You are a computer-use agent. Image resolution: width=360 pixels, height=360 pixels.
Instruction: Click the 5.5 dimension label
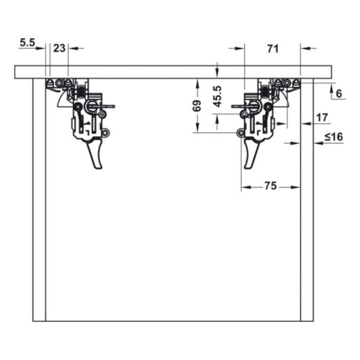coord(27,43)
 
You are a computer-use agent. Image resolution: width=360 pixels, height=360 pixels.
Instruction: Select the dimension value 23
coord(59,48)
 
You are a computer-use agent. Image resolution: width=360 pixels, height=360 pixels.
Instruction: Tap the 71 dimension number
coord(272,48)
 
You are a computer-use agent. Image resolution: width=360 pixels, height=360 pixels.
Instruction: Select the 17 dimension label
coord(320,117)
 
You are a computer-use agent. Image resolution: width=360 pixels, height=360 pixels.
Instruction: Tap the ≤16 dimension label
coord(333,138)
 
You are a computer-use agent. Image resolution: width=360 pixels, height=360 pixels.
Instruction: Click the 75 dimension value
coord(270,186)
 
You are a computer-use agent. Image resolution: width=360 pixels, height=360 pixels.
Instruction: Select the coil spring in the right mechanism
coord(264,92)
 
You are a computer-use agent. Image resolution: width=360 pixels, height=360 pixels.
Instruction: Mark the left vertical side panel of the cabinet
coord(40,202)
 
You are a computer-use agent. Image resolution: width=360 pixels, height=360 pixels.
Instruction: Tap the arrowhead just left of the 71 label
coord(239,48)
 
